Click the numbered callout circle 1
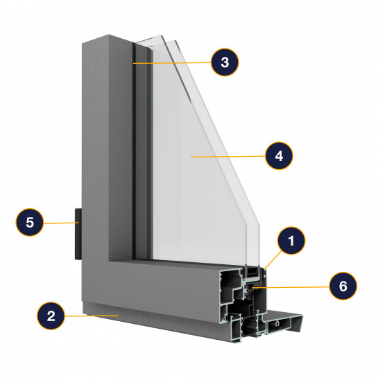[x=291, y=241]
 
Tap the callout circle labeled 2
[x=51, y=316]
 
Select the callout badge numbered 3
[x=225, y=62]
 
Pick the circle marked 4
[x=279, y=156]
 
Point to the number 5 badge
[x=30, y=222]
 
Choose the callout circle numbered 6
[x=343, y=286]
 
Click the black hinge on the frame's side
[x=78, y=234]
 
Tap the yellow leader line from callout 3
[x=172, y=63]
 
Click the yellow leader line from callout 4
[x=228, y=157]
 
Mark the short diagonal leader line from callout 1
[x=273, y=260]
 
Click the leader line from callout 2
[x=92, y=316]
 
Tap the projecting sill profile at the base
[x=284, y=323]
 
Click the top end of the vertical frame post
[x=108, y=40]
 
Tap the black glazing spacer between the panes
[x=252, y=272]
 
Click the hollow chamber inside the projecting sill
[x=279, y=324]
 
